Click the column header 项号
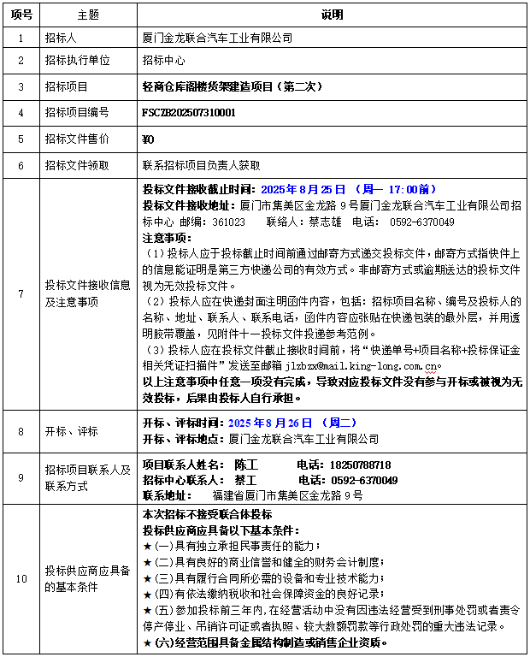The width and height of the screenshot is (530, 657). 21,15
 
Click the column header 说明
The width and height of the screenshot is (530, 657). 332,15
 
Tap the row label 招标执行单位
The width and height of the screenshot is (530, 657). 77,61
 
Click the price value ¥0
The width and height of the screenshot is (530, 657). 147,139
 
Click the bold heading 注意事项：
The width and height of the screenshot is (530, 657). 168,238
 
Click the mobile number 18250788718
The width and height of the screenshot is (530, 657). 356,465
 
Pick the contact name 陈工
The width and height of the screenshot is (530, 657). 245,465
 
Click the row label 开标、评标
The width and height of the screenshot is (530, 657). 72,431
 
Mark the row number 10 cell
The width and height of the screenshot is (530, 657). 21,579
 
